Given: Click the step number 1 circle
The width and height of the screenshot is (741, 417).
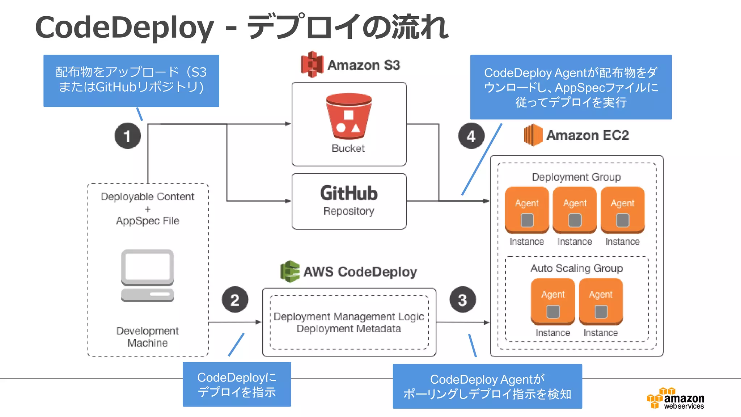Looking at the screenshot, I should click(127, 136).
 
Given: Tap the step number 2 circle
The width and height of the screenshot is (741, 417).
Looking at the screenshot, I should click(235, 300).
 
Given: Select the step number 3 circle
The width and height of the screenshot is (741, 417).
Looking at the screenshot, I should click(462, 300).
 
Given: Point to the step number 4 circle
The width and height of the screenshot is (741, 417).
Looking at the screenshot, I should click(471, 136).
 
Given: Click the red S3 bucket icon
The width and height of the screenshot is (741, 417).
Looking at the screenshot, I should click(349, 117).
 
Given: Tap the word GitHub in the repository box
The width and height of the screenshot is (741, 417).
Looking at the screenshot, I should click(349, 193).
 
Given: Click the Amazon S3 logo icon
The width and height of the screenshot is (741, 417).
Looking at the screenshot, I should click(312, 64).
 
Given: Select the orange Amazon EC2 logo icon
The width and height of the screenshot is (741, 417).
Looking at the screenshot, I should click(533, 135).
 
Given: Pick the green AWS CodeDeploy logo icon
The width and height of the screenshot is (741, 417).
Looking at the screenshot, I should click(290, 271).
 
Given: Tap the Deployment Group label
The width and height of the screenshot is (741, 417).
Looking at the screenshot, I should click(576, 177).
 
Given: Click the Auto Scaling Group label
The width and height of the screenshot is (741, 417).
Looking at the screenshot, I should click(576, 268).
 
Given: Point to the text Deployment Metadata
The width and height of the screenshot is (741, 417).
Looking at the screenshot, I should click(348, 329).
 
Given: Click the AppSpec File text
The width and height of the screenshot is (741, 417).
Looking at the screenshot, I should click(148, 221).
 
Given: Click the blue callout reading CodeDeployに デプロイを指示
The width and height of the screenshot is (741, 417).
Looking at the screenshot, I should click(237, 384).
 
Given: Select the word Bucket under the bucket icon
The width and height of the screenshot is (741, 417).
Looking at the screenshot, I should click(348, 148).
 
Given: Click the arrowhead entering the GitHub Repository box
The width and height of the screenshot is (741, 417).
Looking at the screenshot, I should click(288, 201).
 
